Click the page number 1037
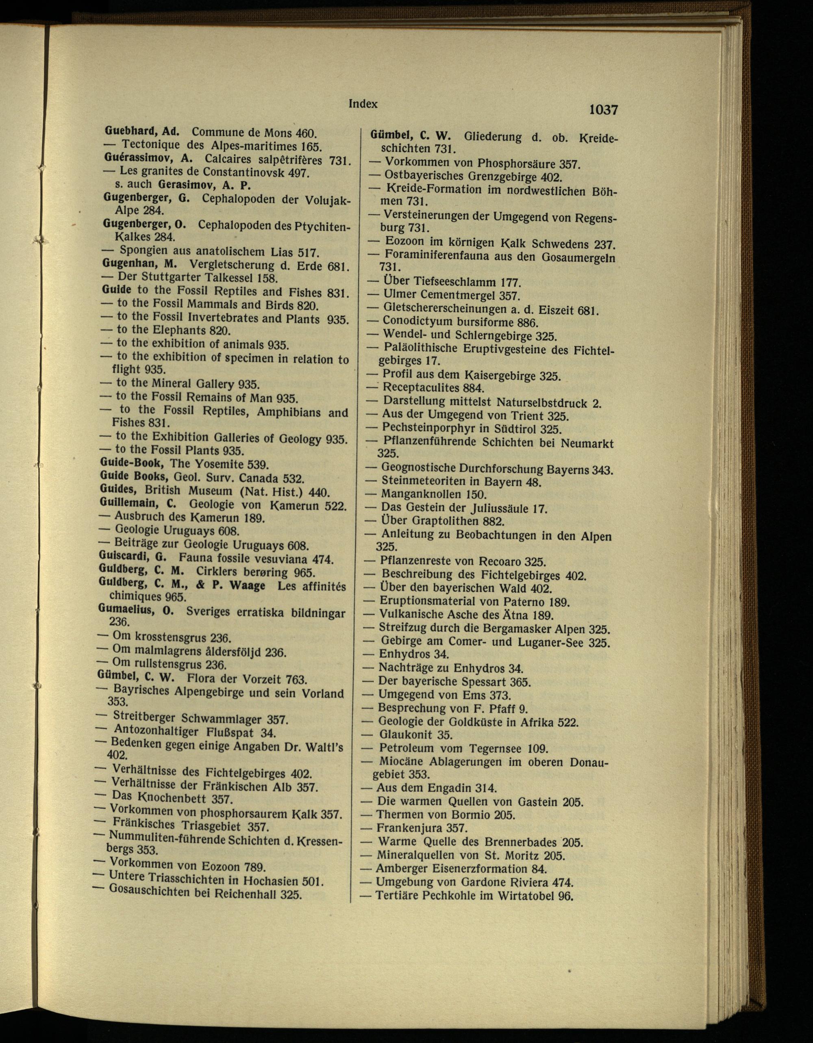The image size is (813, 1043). (x=603, y=110)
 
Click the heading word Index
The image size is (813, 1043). (x=363, y=104)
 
